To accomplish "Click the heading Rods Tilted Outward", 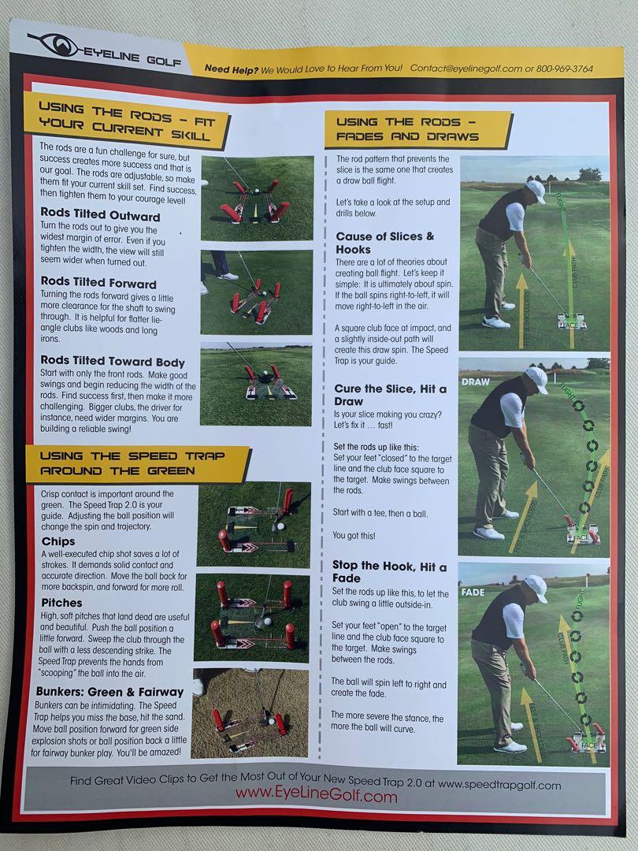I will [99, 217].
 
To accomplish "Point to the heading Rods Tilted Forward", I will [98, 284].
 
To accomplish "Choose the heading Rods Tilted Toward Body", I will [112, 362].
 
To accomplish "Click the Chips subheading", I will [57, 542].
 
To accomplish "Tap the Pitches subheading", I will [61, 603].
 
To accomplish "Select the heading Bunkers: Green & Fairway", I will [110, 692].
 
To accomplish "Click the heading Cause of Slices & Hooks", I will [384, 243].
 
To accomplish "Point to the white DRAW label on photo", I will [475, 381].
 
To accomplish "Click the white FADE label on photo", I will [473, 592].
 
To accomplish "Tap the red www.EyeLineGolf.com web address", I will [317, 797].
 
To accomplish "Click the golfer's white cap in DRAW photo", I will [537, 378].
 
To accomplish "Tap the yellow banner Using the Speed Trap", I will [136, 463].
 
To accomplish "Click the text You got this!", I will [354, 536].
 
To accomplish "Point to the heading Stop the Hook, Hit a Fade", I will [389, 573].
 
